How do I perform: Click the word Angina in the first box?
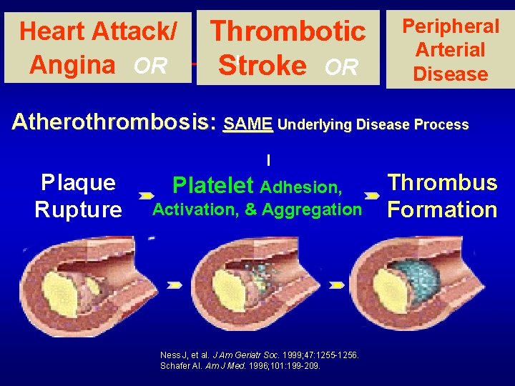tap(72, 65)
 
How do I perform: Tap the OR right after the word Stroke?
tap(341, 67)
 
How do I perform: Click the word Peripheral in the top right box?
tap(450, 26)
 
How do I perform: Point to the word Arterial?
tap(451, 50)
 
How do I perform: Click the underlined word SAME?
tap(247, 125)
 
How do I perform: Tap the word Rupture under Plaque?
tap(78, 210)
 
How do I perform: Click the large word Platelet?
tap(212, 187)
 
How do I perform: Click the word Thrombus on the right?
tap(442, 183)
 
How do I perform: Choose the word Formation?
tap(442, 210)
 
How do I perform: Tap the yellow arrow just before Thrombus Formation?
tap(371, 194)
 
